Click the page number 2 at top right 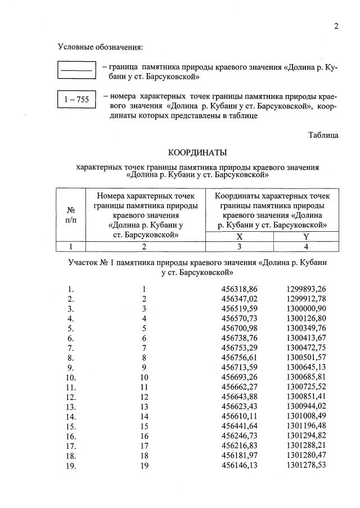[336, 26]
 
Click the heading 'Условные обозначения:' [100, 46]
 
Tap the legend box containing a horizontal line [76, 70]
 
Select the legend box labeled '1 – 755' [76, 100]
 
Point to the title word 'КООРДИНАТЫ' [197, 152]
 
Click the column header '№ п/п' [71, 215]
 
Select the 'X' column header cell [240, 236]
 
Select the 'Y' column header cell [305, 236]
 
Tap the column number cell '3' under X [240, 246]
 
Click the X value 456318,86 [240, 289]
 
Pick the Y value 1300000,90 [305, 308]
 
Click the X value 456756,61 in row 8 [240, 357]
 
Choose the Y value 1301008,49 [305, 416]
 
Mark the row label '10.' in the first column [71, 377]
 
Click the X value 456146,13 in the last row [240, 465]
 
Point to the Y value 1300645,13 [305, 367]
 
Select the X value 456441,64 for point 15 [240, 426]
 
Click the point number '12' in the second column [144, 397]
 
